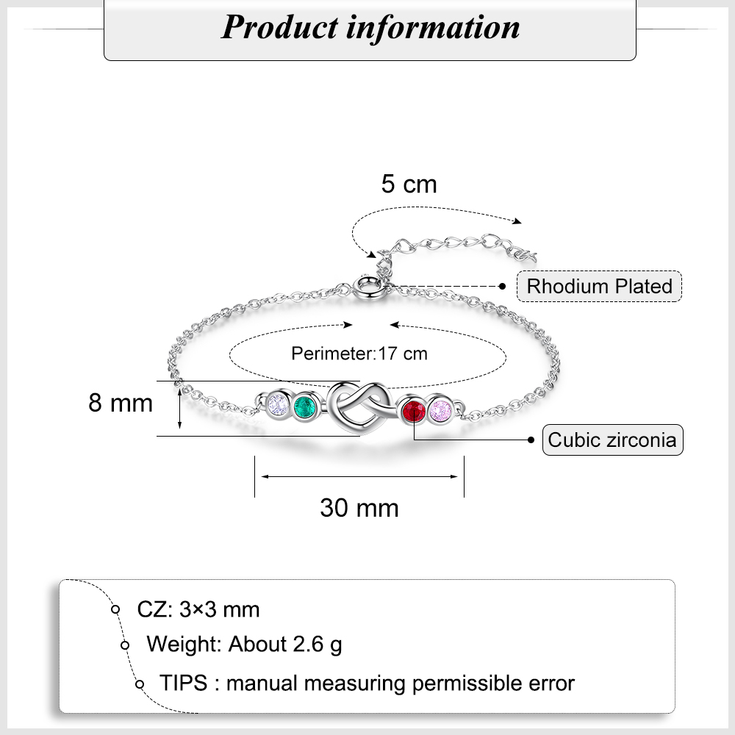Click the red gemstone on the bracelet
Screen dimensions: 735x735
click(x=413, y=412)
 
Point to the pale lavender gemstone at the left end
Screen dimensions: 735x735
click(x=278, y=404)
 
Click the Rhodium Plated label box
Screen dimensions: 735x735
click(x=599, y=286)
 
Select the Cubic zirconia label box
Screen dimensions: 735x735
click(x=612, y=440)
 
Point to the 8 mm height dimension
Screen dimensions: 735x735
click(x=121, y=403)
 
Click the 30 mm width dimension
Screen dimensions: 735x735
click(x=359, y=507)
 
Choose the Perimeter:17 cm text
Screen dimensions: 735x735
click(x=359, y=354)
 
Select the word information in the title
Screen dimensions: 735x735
click(x=434, y=27)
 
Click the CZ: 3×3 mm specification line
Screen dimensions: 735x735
click(x=198, y=609)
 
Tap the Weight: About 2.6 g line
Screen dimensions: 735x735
click(x=244, y=645)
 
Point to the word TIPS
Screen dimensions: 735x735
click(x=184, y=683)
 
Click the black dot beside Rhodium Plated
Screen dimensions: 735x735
click(x=503, y=286)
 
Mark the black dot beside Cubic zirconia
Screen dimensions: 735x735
click(x=531, y=440)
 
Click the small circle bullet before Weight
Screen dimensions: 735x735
click(x=125, y=645)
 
